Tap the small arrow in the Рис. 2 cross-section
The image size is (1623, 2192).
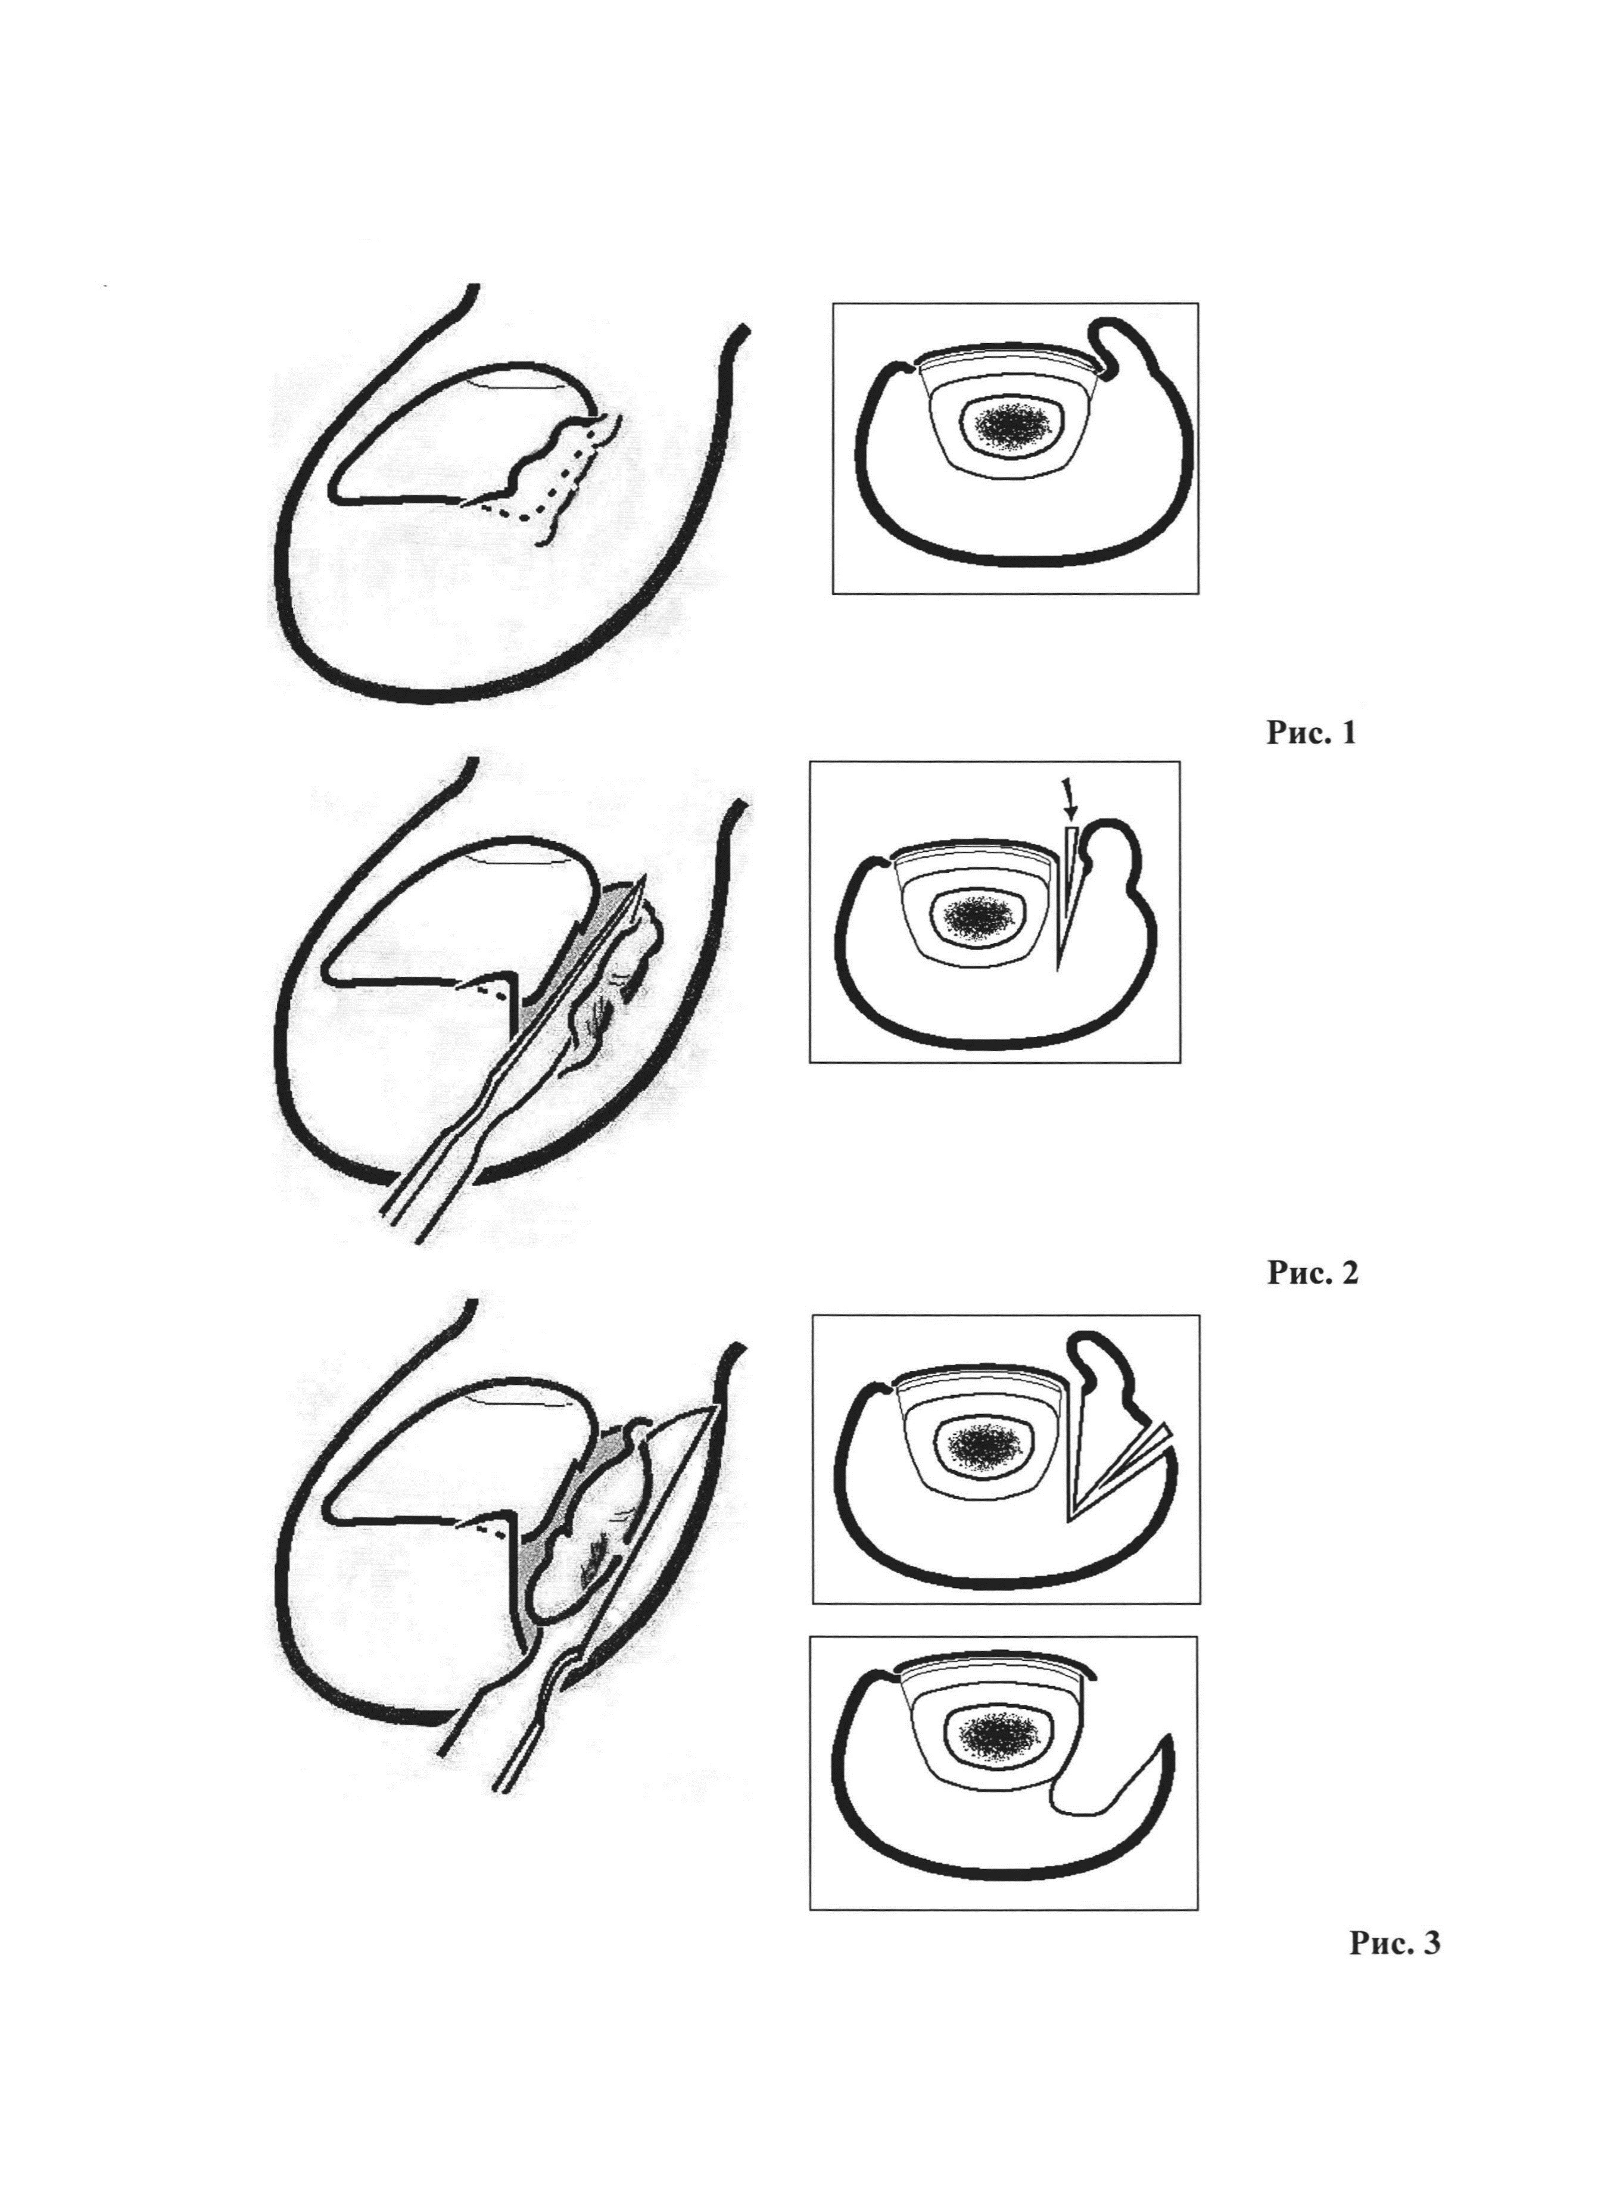point(1069,799)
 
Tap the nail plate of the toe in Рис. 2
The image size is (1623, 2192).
point(457,918)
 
